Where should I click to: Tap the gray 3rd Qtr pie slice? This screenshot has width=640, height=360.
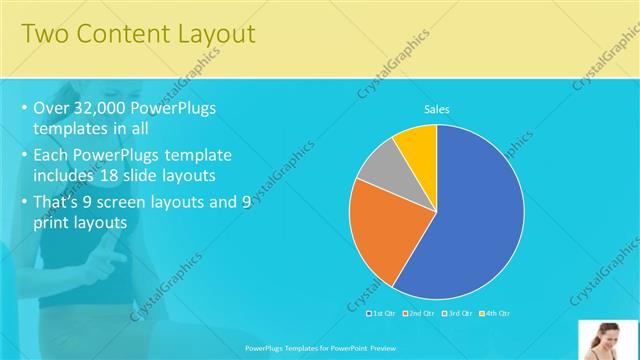tap(380, 166)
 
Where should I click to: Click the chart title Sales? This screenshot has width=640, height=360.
tap(436, 108)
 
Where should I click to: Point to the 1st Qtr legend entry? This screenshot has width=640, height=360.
tap(383, 313)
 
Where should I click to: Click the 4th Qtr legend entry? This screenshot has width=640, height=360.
tap(495, 313)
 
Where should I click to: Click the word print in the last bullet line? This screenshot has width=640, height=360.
tap(54, 224)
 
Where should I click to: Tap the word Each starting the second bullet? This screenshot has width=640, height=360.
tap(53, 155)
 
